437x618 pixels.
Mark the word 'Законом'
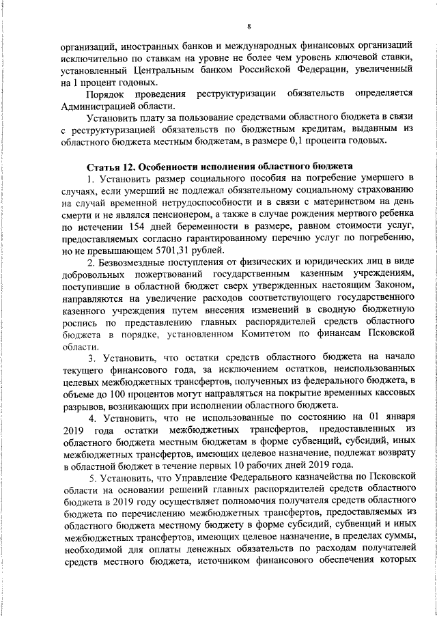[x=392, y=287]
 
